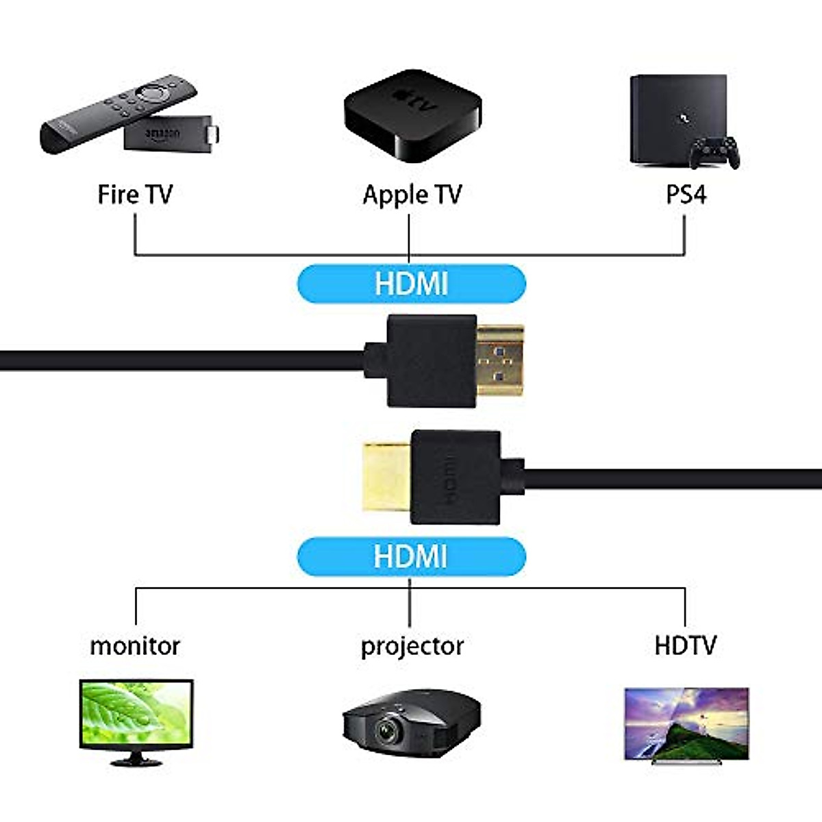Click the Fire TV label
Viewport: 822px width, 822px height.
click(x=135, y=195)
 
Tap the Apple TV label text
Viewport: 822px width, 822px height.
click(x=412, y=195)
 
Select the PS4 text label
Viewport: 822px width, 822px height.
click(x=686, y=195)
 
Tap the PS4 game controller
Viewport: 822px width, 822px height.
click(x=714, y=152)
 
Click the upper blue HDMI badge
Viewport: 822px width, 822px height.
click(x=411, y=284)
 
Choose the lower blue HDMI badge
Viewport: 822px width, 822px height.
click(x=411, y=556)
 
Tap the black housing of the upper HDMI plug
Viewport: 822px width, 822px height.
click(x=432, y=361)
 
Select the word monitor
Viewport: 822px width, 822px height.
click(x=135, y=646)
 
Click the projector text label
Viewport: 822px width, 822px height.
click(x=412, y=646)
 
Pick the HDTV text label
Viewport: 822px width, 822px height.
click(x=685, y=645)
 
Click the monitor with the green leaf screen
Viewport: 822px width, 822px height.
click(x=136, y=716)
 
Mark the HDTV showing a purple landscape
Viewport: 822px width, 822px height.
click(x=686, y=723)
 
